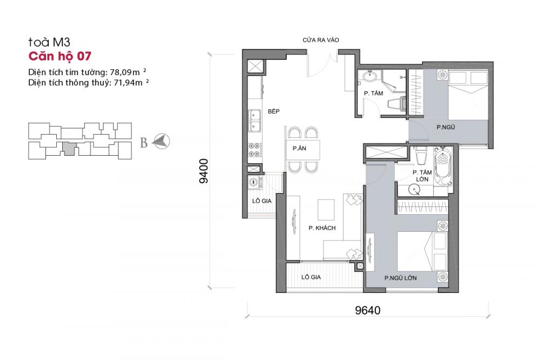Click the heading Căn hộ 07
60,56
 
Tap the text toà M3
49,42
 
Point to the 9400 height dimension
204,171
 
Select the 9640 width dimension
368,310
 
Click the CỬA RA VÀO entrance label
320,40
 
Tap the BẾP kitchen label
274,111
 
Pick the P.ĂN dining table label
299,148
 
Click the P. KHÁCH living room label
322,228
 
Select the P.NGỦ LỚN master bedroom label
400,278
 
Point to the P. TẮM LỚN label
423,176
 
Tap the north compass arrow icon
161,142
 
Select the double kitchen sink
255,121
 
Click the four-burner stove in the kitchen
255,150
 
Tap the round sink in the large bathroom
414,189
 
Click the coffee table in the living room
326,210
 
